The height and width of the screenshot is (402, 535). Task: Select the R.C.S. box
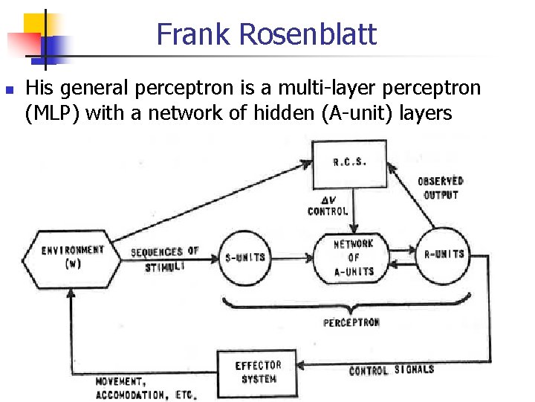350,164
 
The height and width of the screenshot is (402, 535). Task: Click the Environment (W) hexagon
73,256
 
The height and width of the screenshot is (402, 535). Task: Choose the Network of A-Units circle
354,258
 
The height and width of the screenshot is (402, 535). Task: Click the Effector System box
257,372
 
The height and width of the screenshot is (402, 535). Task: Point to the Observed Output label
440,188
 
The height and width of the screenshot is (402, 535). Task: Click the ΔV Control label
327,206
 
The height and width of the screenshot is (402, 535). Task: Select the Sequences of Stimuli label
166,258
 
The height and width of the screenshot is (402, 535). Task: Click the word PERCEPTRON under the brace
351,322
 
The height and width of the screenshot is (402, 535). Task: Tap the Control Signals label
392,370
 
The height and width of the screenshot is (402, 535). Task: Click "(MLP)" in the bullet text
55,112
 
